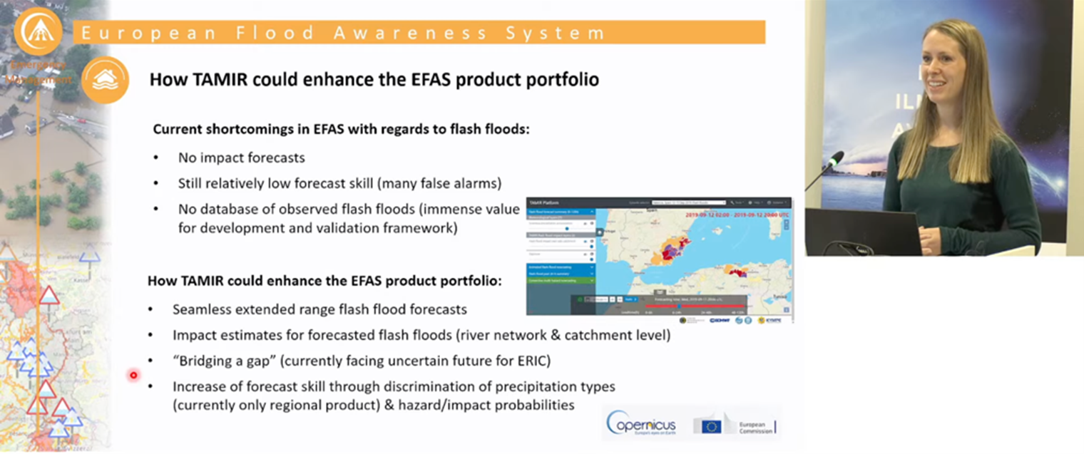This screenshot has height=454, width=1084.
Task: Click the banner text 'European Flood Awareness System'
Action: (343, 33)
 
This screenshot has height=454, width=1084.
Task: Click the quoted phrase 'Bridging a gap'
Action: (224, 361)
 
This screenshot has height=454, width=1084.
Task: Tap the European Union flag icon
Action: (710, 426)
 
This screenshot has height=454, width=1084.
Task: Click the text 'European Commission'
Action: (754, 427)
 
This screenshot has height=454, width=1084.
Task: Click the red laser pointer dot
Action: (133, 375)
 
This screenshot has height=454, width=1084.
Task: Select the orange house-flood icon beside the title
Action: (105, 80)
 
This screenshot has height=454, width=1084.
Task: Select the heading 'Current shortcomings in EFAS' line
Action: (342, 130)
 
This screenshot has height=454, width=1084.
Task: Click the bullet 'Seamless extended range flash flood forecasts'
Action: (319, 309)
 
